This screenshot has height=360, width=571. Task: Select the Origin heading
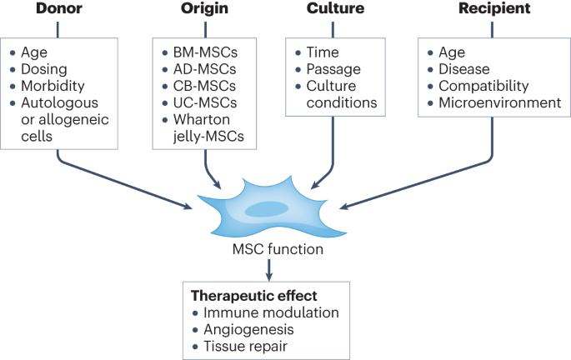coord(205,11)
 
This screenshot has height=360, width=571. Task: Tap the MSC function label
coord(267,249)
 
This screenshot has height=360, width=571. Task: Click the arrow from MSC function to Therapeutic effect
coord(268,268)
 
